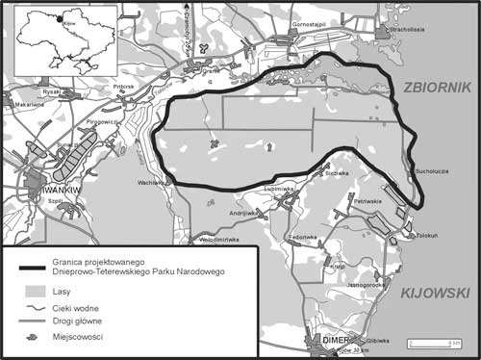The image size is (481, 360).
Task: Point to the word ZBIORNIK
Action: [437, 87]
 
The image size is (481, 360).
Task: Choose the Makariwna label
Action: [29, 104]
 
